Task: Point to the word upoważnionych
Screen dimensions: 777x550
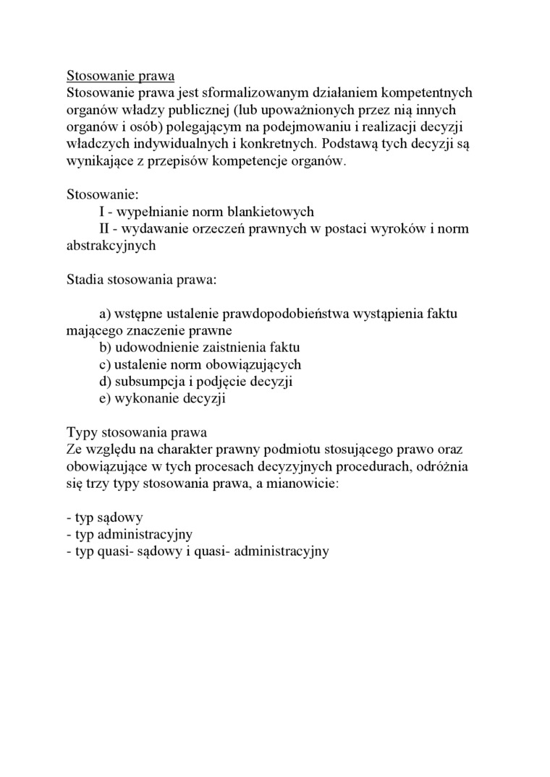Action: click(x=289, y=110)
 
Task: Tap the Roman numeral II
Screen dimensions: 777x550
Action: click(x=106, y=229)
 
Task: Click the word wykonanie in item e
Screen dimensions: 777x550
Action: click(x=140, y=398)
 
